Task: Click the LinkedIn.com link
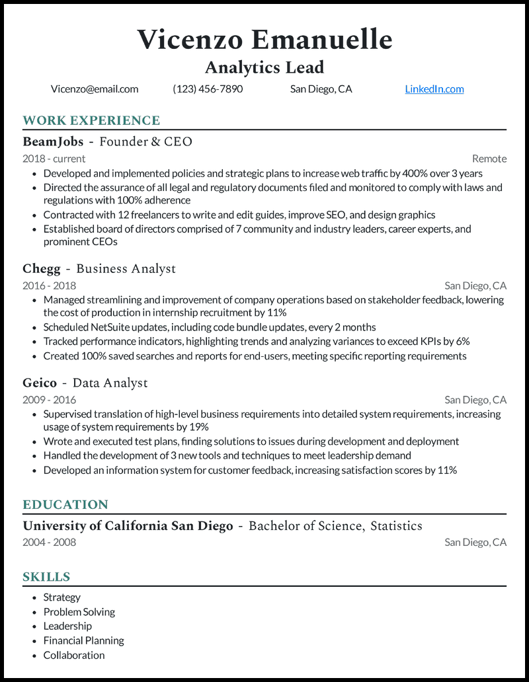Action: pos(434,89)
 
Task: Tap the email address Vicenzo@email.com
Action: pos(95,89)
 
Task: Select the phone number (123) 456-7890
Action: pos(208,89)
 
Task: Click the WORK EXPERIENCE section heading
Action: pos(91,120)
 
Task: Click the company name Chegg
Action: pos(42,269)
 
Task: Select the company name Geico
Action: pos(40,383)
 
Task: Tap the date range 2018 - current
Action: pos(54,159)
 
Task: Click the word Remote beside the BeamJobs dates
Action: pos(489,159)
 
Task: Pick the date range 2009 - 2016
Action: pos(49,400)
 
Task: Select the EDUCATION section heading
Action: pos(65,505)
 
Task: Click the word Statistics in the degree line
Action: pos(396,526)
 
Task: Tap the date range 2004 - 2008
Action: pos(49,543)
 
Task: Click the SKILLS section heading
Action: pos(46,577)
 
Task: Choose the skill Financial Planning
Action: pos(83,640)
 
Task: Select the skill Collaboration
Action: pos(74,655)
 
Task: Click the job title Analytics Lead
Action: pos(264,67)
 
